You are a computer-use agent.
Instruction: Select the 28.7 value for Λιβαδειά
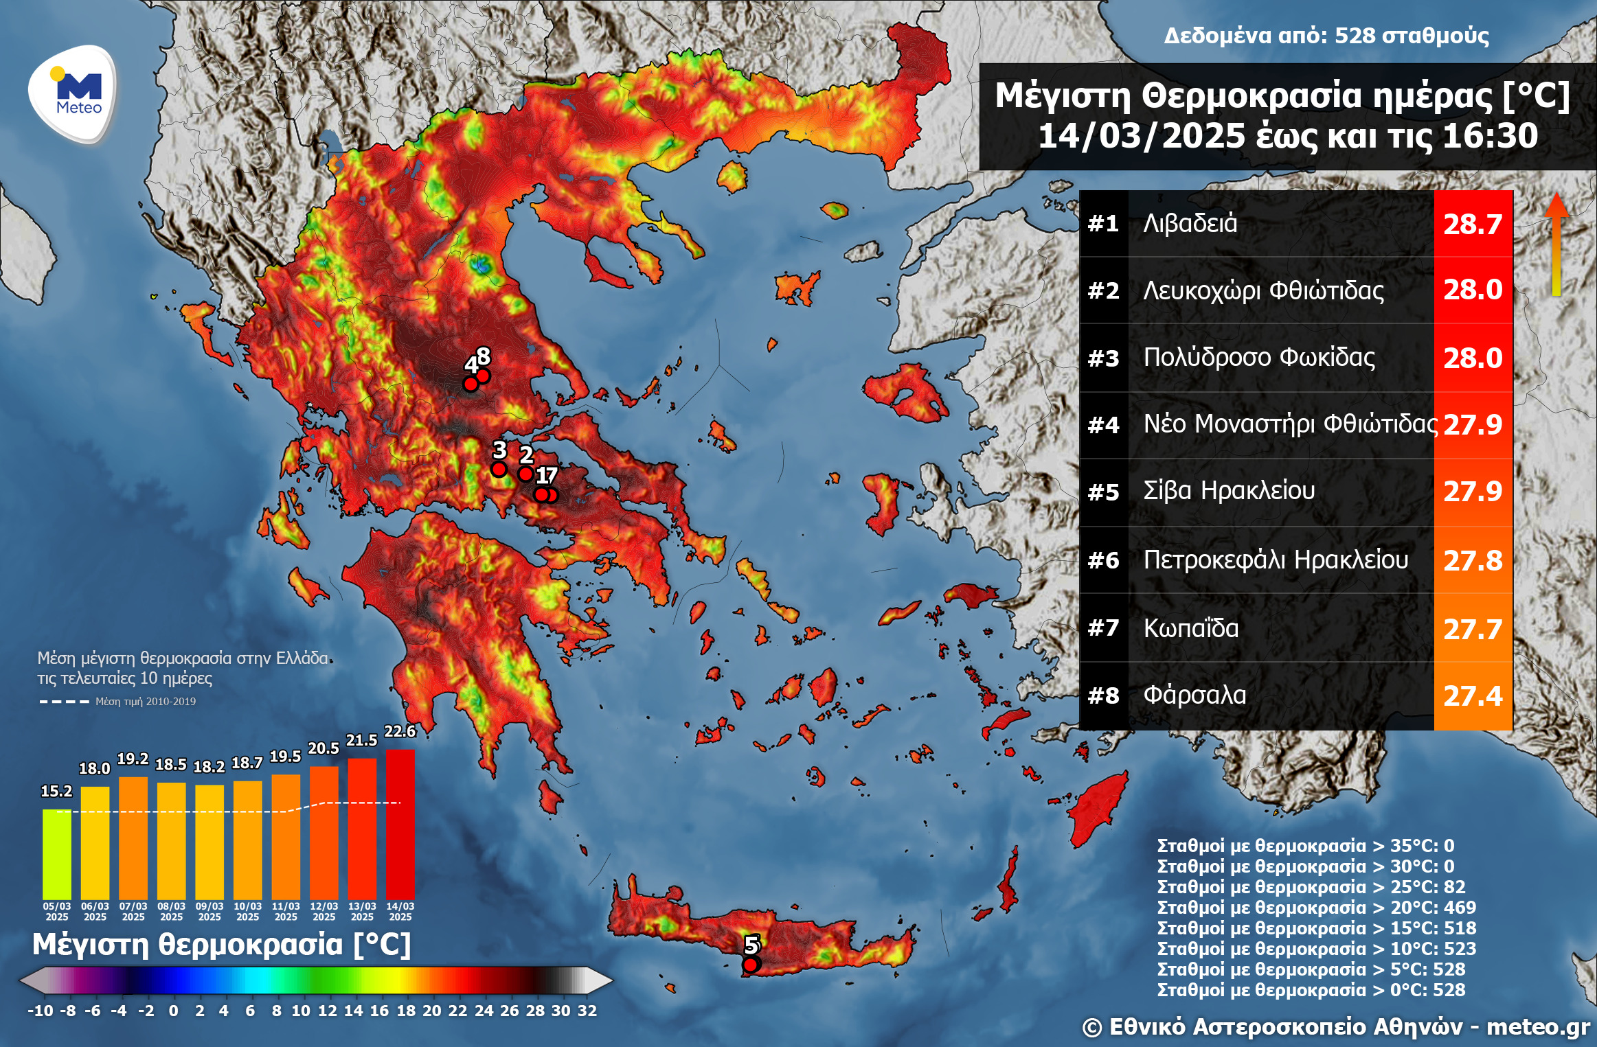[x=1472, y=225]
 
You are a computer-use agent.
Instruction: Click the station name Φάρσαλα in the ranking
[x=1194, y=695]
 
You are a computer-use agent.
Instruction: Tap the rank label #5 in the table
[x=1103, y=492]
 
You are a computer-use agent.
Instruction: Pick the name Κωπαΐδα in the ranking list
[x=1191, y=628]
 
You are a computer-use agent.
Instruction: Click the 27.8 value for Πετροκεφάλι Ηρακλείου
[x=1472, y=561]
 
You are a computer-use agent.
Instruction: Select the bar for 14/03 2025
[x=400, y=823]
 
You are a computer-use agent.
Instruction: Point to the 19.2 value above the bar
[x=133, y=759]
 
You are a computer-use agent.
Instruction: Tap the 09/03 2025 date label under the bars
[x=209, y=911]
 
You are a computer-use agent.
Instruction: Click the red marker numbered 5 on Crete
[x=751, y=965]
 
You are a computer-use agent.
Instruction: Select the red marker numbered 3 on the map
[x=499, y=470]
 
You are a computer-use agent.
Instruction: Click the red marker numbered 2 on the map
[x=525, y=474]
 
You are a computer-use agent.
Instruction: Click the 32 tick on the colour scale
[x=587, y=1011]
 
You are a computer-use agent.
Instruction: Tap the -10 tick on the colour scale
[x=40, y=1011]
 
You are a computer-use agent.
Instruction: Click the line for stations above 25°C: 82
[x=1311, y=886]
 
